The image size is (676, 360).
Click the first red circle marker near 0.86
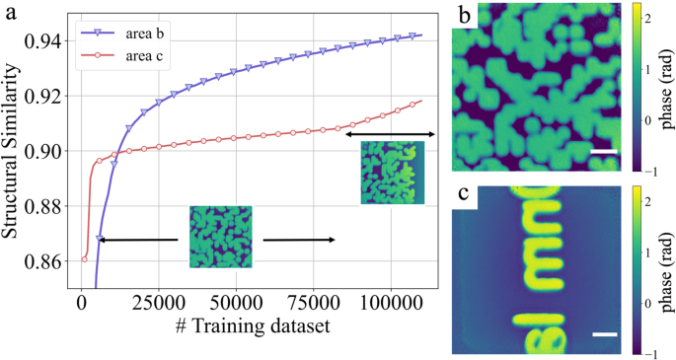click(x=85, y=259)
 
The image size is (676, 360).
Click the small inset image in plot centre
click(x=221, y=237)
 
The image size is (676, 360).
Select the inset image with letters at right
click(x=392, y=173)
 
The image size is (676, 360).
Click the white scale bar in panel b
click(x=604, y=152)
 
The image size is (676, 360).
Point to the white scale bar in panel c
click(x=605, y=334)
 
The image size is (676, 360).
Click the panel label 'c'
click(x=464, y=194)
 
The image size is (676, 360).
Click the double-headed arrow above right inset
click(x=389, y=133)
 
